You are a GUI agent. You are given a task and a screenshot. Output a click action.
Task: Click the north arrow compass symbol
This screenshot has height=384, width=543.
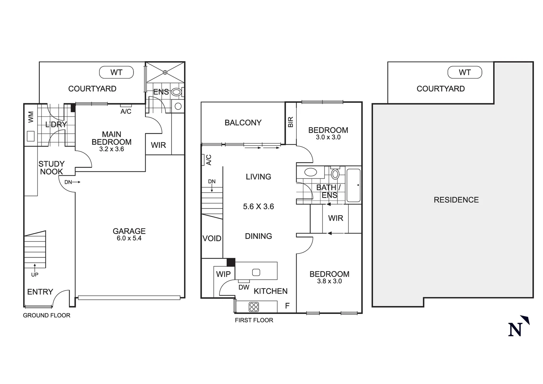click(518, 326)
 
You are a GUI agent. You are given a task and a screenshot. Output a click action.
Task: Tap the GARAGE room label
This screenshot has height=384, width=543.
click(129, 231)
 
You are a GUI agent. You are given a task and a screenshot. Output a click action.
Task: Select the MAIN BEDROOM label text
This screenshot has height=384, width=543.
click(112, 138)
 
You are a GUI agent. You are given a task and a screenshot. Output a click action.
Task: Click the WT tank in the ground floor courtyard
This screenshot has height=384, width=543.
click(116, 73)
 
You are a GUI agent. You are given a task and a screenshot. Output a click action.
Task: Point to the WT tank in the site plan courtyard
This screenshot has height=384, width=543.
click(465, 73)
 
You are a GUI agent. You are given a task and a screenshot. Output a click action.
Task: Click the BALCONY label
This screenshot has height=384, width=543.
click(243, 123)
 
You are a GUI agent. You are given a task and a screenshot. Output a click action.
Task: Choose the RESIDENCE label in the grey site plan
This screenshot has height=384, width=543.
click(456, 200)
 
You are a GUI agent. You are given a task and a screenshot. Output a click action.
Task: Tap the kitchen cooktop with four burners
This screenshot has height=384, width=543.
click(254, 307)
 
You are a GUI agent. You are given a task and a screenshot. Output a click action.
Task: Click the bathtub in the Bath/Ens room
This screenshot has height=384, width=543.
click(353, 185)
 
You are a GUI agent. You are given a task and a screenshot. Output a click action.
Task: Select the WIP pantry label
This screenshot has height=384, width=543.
click(223, 274)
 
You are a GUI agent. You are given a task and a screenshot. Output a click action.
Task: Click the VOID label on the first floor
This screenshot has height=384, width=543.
click(212, 239)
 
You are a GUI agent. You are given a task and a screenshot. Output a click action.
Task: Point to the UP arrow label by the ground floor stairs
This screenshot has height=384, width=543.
click(34, 274)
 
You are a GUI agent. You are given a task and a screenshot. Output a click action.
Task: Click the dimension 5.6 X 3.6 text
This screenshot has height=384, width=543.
click(258, 207)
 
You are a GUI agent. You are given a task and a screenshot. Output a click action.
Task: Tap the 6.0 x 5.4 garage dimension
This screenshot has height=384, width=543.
click(129, 239)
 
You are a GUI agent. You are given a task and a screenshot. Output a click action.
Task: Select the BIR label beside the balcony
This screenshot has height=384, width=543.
click(290, 122)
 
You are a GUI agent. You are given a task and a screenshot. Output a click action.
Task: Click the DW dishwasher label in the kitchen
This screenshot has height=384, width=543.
click(244, 287)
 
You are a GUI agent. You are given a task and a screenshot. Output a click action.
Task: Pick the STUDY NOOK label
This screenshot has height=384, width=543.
click(51, 168)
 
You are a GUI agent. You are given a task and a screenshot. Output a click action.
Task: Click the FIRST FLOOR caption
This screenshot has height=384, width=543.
click(254, 320)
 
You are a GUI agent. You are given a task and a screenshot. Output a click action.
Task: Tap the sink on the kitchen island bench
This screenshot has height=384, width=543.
click(256, 272)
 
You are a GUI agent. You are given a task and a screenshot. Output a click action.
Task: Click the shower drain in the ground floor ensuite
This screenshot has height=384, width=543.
click(165, 73)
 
